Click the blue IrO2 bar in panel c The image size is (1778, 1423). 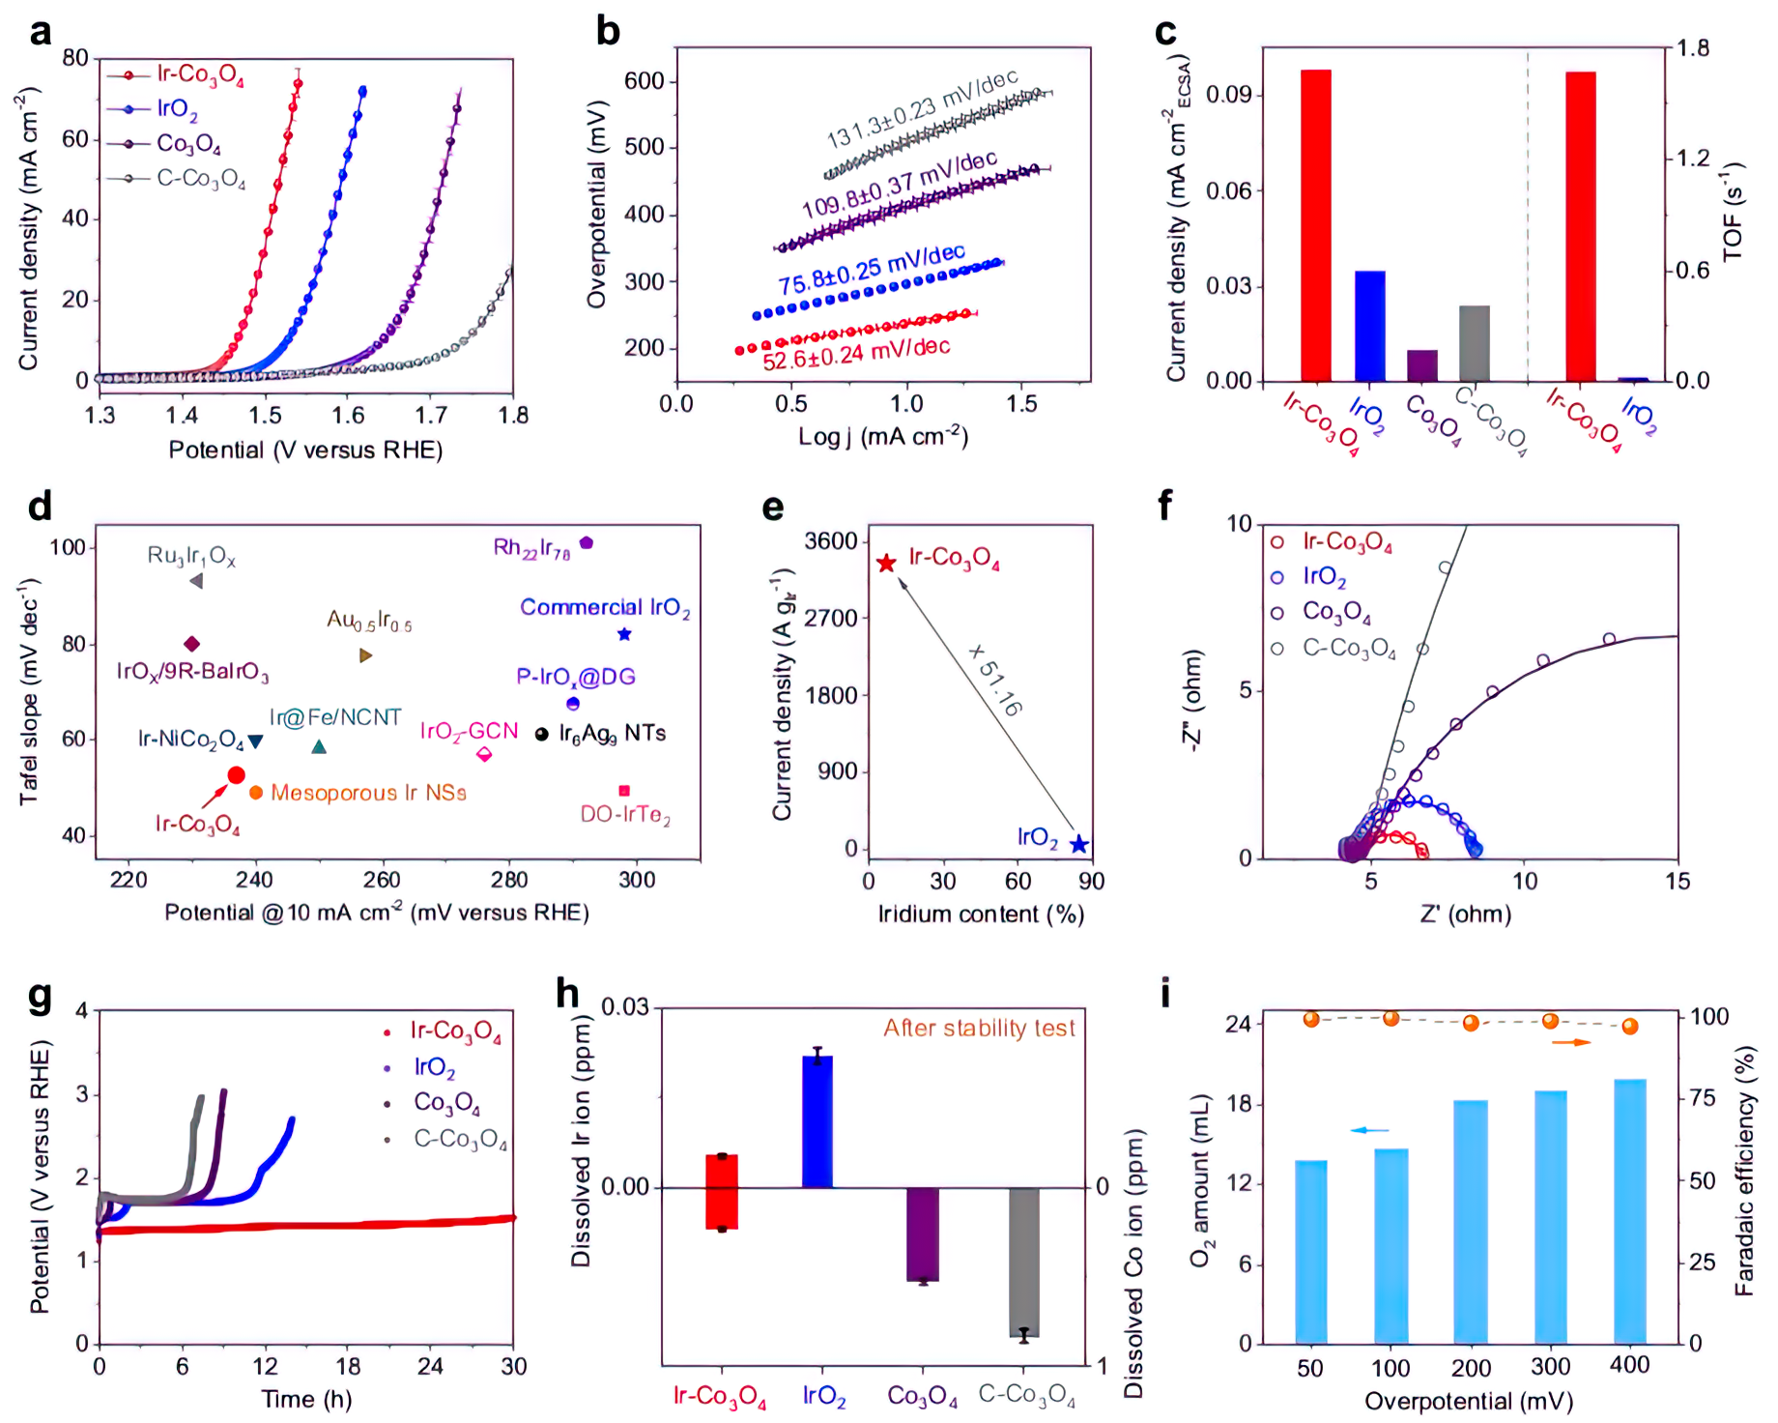(x=1369, y=326)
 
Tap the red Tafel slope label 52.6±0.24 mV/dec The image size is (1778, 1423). (x=856, y=354)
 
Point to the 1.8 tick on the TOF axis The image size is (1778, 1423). (x=1692, y=48)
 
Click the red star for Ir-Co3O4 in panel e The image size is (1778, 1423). (x=886, y=563)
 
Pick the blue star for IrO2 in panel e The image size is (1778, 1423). (x=1079, y=845)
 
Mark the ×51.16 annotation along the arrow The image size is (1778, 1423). (x=995, y=681)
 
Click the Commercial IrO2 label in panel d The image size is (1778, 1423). (x=605, y=608)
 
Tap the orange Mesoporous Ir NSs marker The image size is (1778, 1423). (x=256, y=793)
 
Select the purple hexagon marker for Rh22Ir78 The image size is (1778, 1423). (x=586, y=543)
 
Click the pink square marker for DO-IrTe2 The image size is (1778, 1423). (x=624, y=791)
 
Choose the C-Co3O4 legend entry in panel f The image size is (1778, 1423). (x=1349, y=648)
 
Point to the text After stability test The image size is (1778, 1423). (x=979, y=1029)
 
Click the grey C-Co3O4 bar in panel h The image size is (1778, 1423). (x=1024, y=1262)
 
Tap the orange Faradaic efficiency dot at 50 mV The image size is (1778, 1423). (x=1311, y=1019)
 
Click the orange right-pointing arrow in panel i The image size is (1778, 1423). (x=1571, y=1042)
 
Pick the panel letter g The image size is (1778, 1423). (x=41, y=996)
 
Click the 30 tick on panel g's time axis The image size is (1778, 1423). (x=513, y=1366)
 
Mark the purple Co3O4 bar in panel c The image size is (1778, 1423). (x=1422, y=365)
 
